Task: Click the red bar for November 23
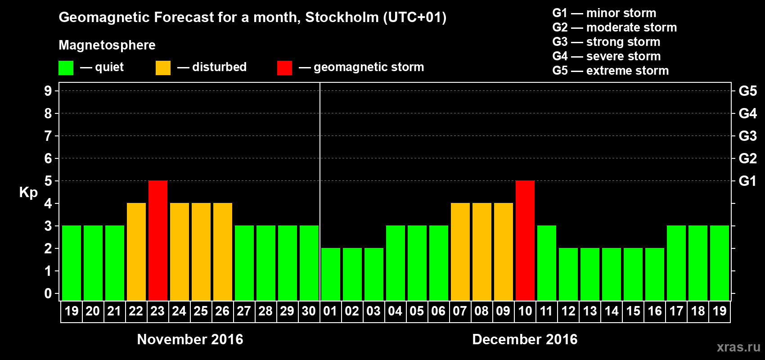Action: click(158, 240)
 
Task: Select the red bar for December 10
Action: click(525, 240)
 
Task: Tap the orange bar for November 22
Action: click(136, 252)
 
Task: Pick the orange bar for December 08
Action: click(482, 252)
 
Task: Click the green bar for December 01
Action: click(331, 274)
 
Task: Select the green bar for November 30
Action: click(309, 263)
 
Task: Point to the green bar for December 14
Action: click(612, 274)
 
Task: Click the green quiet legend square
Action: click(66, 68)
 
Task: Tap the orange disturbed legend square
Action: click(163, 68)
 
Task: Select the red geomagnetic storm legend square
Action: click(284, 68)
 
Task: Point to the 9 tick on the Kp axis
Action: click(48, 91)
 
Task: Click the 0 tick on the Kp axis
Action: click(48, 294)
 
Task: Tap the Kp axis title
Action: click(28, 193)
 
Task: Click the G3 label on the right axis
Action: click(747, 136)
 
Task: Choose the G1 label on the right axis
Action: click(747, 181)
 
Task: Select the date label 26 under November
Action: click(222, 311)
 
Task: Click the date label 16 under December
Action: click(655, 311)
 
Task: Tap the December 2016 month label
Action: click(525, 339)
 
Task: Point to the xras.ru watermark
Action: click(738, 346)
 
